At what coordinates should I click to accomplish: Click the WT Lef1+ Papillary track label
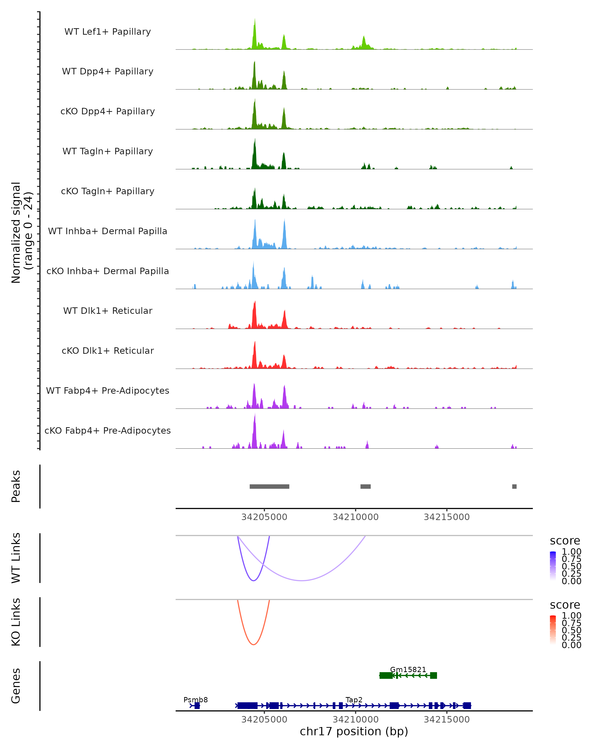click(x=108, y=32)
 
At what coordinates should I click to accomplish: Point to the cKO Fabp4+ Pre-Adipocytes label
click(x=108, y=430)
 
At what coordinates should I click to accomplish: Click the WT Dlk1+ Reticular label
click(x=108, y=311)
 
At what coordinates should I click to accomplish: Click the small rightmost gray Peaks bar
click(x=514, y=486)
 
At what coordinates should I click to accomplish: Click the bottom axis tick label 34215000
click(x=447, y=720)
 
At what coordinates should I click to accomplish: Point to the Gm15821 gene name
click(x=408, y=669)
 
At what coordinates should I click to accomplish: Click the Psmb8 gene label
click(x=195, y=700)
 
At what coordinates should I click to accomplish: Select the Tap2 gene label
click(x=354, y=700)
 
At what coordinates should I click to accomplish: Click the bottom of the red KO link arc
click(x=254, y=644)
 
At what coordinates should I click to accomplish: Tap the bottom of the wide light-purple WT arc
click(x=302, y=580)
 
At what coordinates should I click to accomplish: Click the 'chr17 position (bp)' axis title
click(x=354, y=732)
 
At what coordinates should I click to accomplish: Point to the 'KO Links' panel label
click(x=16, y=622)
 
